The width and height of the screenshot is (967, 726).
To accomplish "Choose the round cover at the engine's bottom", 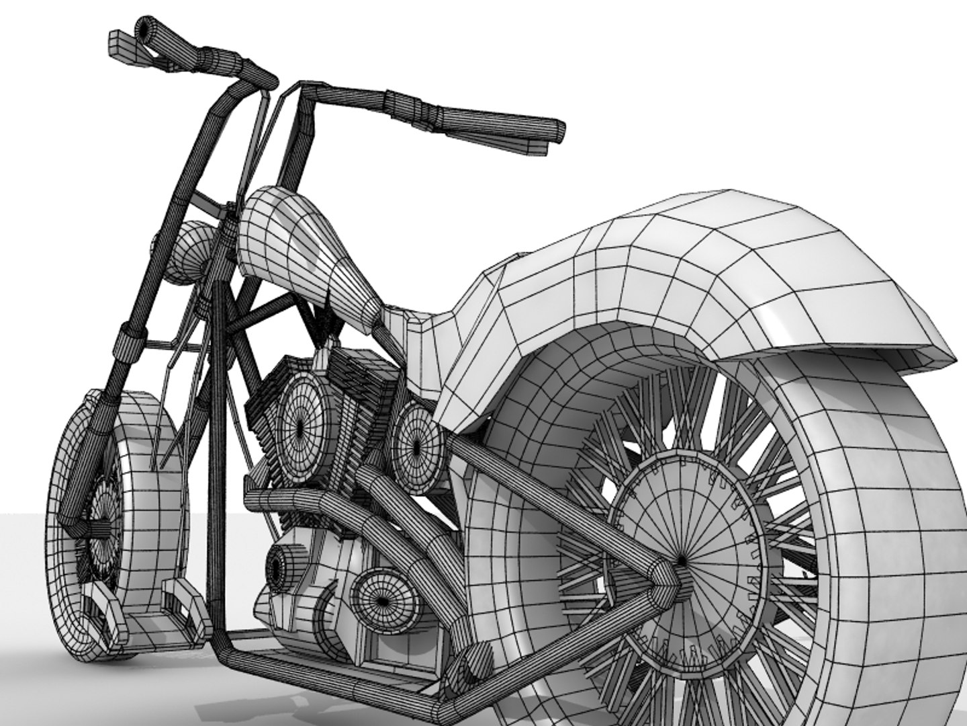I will coord(383,598).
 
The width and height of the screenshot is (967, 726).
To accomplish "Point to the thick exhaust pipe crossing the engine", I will coord(316,504).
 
